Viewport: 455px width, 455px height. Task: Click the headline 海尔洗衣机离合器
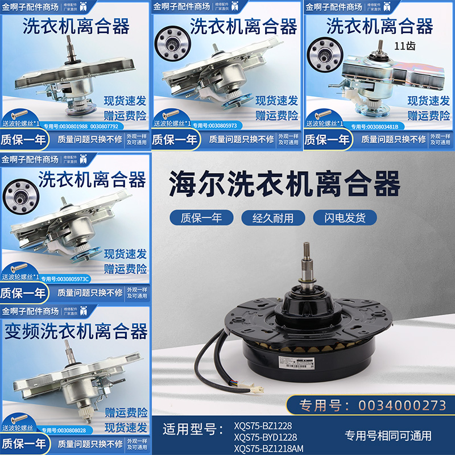click(285, 184)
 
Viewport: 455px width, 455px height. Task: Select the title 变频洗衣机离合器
click(76, 330)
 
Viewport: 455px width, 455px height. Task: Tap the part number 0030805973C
click(71, 278)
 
